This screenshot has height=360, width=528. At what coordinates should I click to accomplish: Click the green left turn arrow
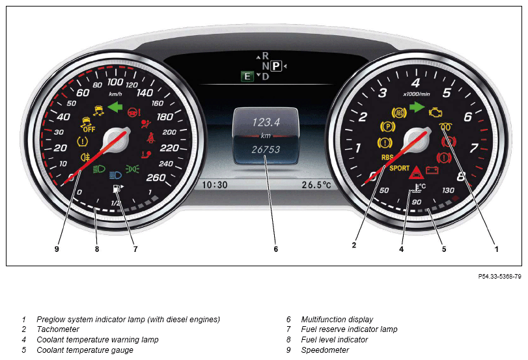point(115,107)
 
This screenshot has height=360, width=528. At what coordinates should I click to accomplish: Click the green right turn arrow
point(417,107)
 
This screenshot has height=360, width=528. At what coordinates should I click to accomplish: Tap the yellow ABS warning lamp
point(399,113)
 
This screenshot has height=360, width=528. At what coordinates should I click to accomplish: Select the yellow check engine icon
point(435,113)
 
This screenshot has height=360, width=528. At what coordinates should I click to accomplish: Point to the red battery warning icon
point(432,170)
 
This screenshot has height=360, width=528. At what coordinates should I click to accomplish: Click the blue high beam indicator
point(115,174)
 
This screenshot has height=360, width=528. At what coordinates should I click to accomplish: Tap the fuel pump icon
point(117,189)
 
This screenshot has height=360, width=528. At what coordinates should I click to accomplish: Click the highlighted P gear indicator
point(276,66)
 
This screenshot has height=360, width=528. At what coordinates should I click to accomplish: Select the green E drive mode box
point(247,76)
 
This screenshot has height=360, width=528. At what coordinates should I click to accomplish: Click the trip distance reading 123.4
point(266,122)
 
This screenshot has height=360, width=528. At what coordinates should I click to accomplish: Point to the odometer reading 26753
point(266,149)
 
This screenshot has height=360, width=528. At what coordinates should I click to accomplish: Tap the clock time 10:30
point(214,185)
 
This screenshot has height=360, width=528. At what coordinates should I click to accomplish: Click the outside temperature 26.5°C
point(316,185)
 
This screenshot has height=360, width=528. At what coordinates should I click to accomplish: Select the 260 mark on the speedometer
point(156,178)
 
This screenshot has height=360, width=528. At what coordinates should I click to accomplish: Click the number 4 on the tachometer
point(415,83)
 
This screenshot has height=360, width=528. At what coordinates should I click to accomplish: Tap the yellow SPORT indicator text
point(399,168)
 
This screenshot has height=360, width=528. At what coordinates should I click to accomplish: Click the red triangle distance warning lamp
point(416,173)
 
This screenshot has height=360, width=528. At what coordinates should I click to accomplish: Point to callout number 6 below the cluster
point(276,249)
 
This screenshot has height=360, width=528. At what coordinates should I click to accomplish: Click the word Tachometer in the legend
point(58,329)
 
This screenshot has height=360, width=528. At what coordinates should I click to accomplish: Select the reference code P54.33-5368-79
point(500,277)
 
